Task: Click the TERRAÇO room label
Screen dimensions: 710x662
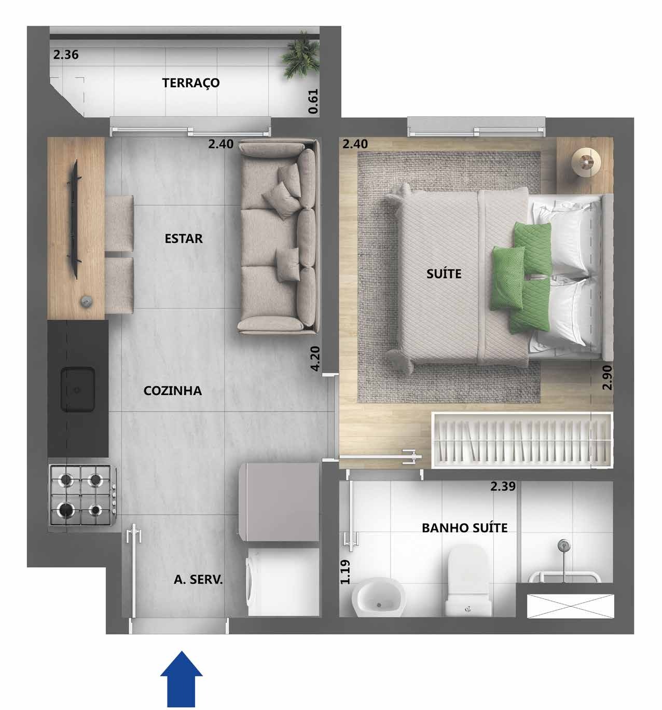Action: pos(190,83)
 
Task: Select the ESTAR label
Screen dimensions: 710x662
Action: pos(183,239)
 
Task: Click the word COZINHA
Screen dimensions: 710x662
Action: pos(172,391)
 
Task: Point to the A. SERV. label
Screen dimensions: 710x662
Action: pos(198,580)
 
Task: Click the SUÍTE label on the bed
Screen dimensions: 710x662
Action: pos(444,274)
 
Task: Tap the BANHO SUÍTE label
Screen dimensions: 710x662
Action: pos(464,528)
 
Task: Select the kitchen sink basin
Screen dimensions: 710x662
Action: pos(77,389)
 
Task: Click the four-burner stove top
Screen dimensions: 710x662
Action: pos(81,495)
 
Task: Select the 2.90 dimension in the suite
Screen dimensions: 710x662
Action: pos(607,377)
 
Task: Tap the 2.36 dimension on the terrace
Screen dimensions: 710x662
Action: pos(66,54)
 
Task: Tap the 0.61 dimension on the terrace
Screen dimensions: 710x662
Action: pos(313,102)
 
